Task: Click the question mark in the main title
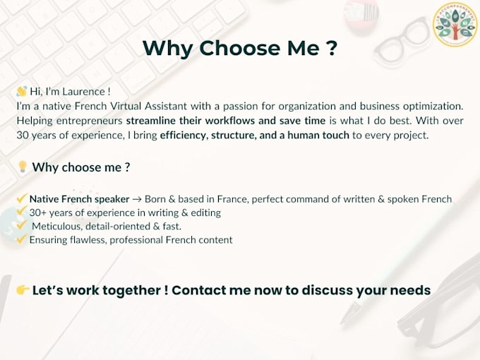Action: (x=331, y=48)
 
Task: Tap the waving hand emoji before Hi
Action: (x=22, y=91)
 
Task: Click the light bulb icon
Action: (x=23, y=167)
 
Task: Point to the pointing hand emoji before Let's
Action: (x=23, y=289)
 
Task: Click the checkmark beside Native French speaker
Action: (x=22, y=198)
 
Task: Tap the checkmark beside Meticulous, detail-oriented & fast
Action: (x=22, y=226)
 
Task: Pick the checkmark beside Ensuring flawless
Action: (x=22, y=239)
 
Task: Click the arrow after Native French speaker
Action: (x=137, y=199)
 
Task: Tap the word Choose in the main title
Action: (x=240, y=48)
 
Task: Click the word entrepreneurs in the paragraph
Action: (x=90, y=121)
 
